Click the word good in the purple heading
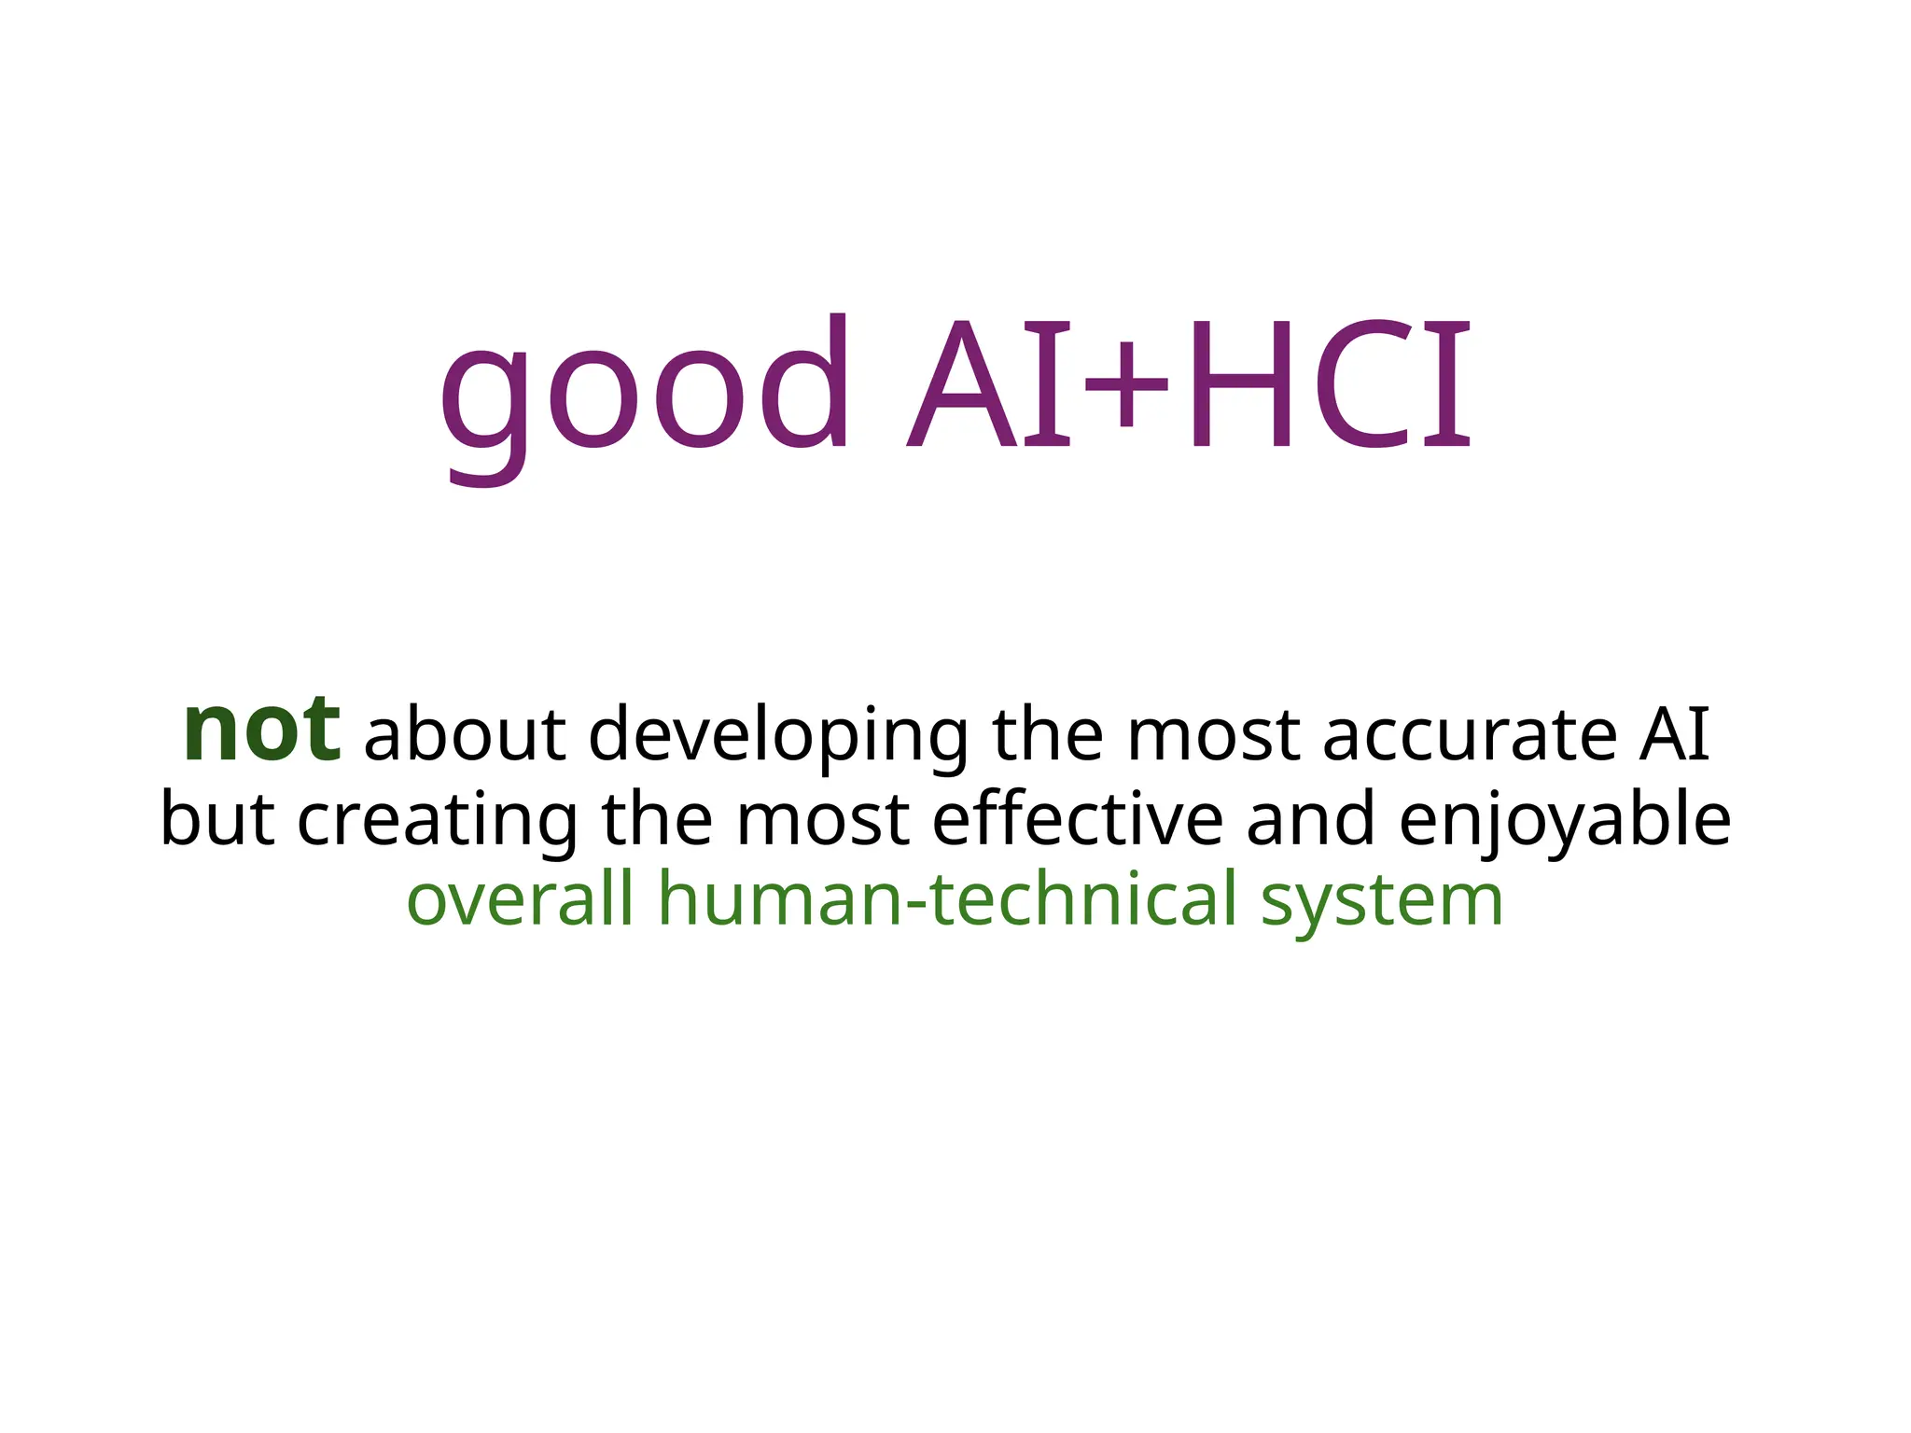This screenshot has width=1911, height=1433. [x=644, y=392]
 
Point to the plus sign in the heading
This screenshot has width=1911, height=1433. [x=1125, y=384]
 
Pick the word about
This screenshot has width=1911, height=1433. [x=465, y=734]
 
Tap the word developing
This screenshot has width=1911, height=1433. [x=780, y=737]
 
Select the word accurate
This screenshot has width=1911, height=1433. [x=1471, y=734]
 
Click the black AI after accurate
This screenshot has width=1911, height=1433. [x=1675, y=734]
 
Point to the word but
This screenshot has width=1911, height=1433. [x=217, y=819]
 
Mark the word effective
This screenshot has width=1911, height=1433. [x=1078, y=819]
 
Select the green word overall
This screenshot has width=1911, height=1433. [x=521, y=898]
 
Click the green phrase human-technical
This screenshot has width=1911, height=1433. [x=948, y=898]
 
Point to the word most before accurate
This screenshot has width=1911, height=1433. [x=1213, y=734]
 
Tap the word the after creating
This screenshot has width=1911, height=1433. [x=657, y=819]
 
